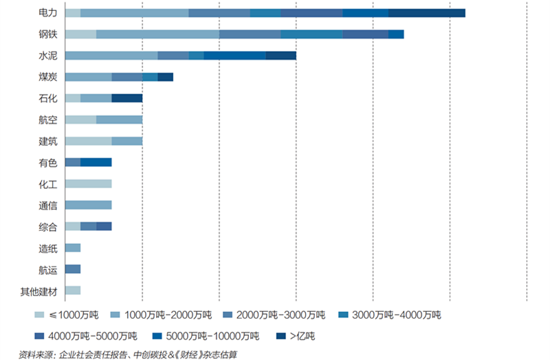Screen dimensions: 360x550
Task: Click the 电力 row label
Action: click(48, 12)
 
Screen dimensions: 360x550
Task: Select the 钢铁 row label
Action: click(48, 34)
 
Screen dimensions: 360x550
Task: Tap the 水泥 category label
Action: click(48, 56)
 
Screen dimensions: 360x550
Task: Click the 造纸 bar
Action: click(73, 247)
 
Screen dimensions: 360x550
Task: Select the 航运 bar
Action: click(73, 269)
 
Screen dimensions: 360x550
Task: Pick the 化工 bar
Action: click(88, 183)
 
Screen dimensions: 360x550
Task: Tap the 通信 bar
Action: click(88, 205)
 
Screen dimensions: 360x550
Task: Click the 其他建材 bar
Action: click(73, 290)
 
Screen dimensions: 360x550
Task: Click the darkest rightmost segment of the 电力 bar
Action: click(426, 12)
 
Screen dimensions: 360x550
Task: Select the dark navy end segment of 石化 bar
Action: click(126, 98)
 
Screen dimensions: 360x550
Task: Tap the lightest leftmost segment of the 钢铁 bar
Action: click(80, 34)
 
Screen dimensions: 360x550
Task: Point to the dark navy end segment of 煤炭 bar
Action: click(165, 77)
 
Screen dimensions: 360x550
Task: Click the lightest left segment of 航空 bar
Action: click(80, 120)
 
